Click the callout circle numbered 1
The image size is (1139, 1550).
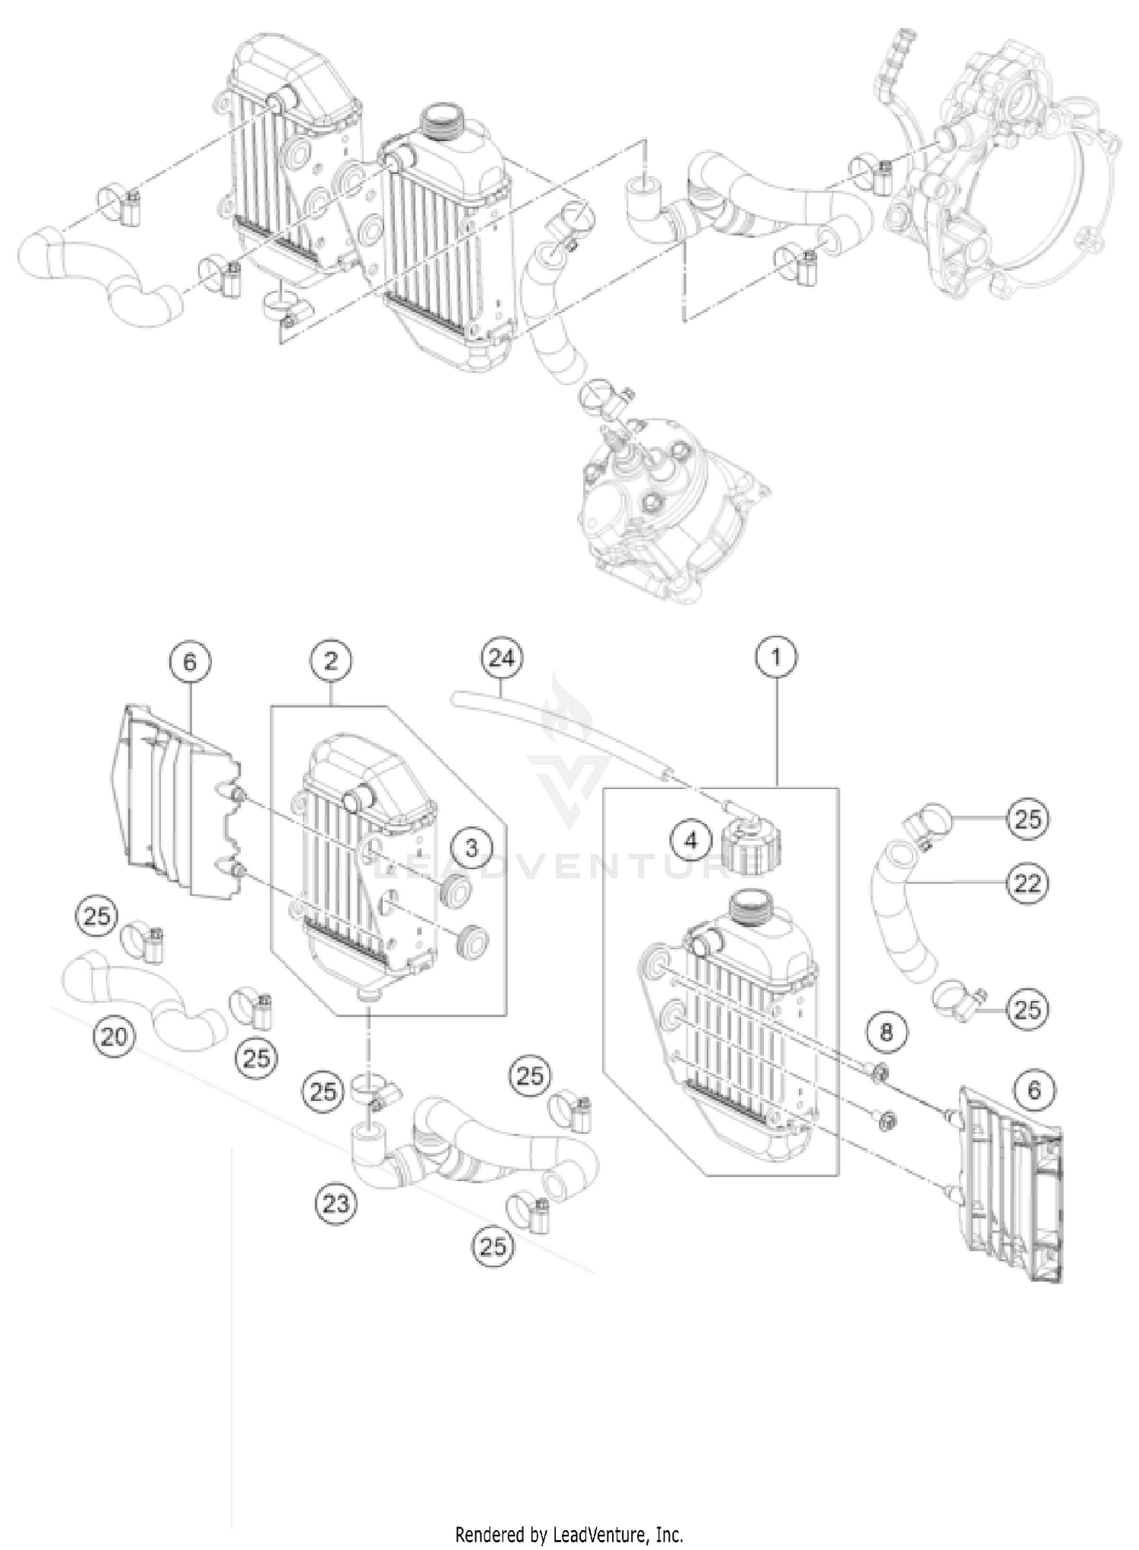tap(776, 658)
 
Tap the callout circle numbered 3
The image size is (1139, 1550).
tap(472, 848)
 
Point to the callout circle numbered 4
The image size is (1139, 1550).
tap(690, 841)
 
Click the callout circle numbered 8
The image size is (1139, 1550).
tap(887, 1032)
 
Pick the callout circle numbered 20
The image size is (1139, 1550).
tap(114, 1036)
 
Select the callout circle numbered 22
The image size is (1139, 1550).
tap(1027, 883)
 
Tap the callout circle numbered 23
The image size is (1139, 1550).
tap(337, 1203)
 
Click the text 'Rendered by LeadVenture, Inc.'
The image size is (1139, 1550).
tap(569, 1535)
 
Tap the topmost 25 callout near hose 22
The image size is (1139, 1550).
tap(1027, 819)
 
